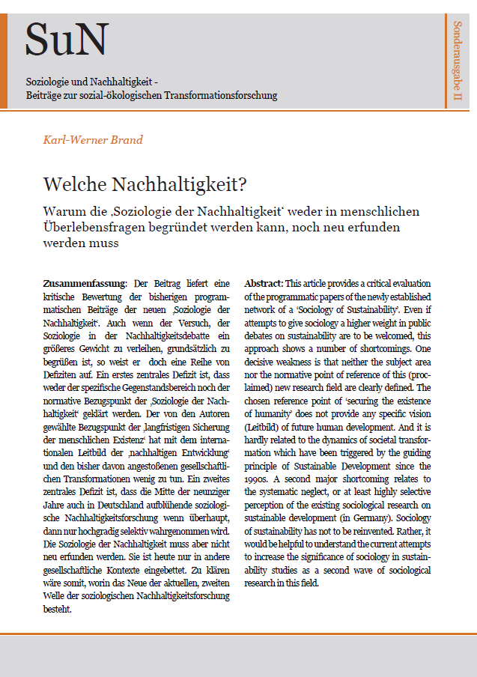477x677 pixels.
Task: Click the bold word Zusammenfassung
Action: (x=85, y=284)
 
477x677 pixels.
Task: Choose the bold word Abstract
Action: (x=263, y=284)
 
